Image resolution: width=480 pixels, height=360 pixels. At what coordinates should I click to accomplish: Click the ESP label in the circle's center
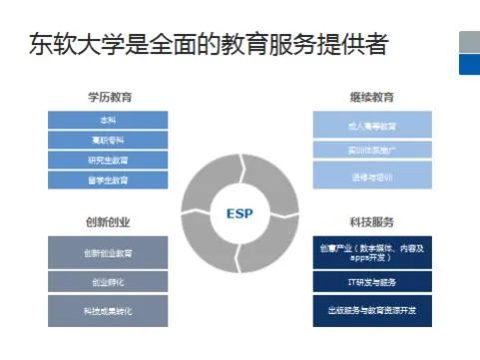coord(240,210)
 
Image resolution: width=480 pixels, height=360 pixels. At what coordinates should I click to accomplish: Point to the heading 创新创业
coord(108,221)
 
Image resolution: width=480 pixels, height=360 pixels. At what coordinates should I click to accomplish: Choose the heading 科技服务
coord(372,221)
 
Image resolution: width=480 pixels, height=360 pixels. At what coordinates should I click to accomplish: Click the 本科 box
coord(108,121)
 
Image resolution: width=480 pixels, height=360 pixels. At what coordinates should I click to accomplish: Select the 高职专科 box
coord(108,141)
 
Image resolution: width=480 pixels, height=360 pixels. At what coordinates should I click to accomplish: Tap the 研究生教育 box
coord(108,161)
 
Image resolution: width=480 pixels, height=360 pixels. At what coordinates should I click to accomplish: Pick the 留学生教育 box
coord(108,180)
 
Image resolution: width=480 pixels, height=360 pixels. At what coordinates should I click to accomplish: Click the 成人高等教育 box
coord(372,125)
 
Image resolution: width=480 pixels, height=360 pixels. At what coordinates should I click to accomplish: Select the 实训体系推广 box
coord(372,150)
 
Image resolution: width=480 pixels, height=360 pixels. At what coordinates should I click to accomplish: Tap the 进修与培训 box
coord(372,175)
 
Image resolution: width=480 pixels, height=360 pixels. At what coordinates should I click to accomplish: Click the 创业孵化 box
coord(108,282)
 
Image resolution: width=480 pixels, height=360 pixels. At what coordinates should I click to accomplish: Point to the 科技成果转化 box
coord(108,311)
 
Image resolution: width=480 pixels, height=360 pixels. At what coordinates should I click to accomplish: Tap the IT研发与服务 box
coord(372,283)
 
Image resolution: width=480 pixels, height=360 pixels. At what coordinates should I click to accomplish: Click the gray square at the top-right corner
coord(469,42)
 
